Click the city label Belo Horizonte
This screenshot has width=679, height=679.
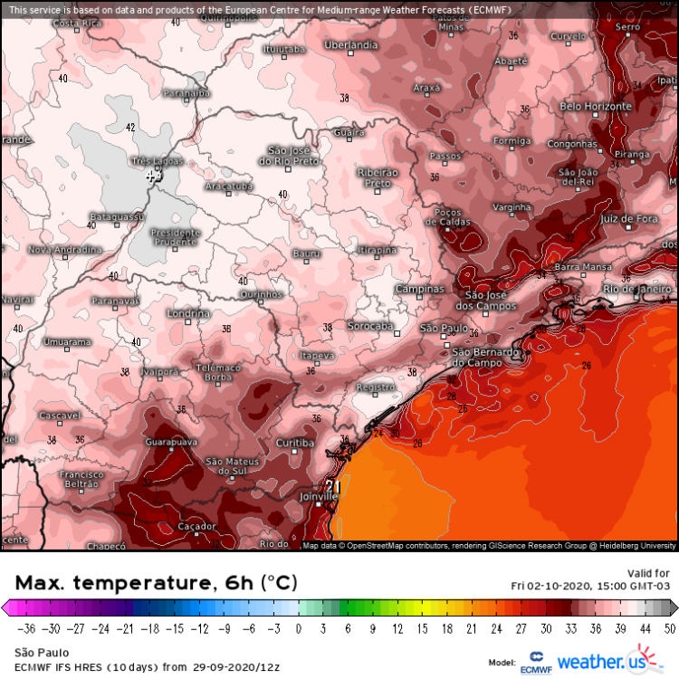(595, 107)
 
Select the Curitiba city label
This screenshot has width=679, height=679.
(295, 443)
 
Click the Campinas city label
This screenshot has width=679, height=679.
(420, 290)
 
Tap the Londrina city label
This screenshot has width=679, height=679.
(188, 314)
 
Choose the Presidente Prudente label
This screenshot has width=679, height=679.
(174, 236)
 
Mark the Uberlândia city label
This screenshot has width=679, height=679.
(350, 44)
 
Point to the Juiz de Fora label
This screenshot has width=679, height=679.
(627, 219)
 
